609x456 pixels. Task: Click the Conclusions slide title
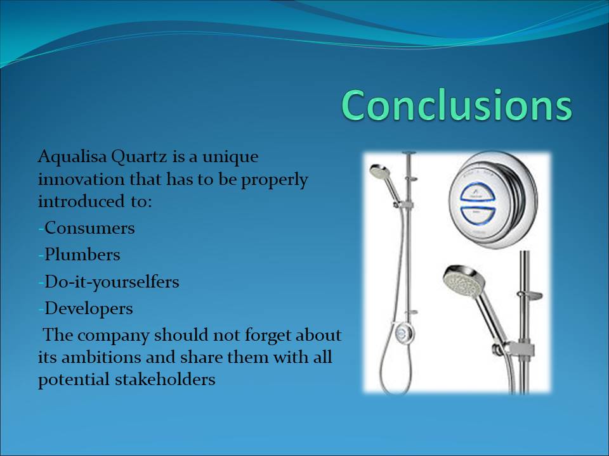coord(457,105)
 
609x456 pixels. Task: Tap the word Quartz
coord(139,156)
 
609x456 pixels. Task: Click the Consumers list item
coord(89,228)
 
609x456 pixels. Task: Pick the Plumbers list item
coord(82,255)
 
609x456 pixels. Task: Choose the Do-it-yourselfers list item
coord(112,282)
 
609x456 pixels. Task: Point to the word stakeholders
coord(165,379)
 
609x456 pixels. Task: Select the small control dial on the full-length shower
coord(402,332)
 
